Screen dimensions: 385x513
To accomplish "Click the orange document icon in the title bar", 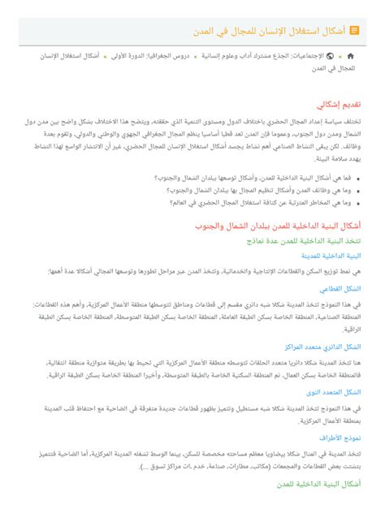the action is point(354,30).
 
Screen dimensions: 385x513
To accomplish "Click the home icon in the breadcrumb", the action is point(350,58).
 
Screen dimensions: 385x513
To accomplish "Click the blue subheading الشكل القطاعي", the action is point(341,288).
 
